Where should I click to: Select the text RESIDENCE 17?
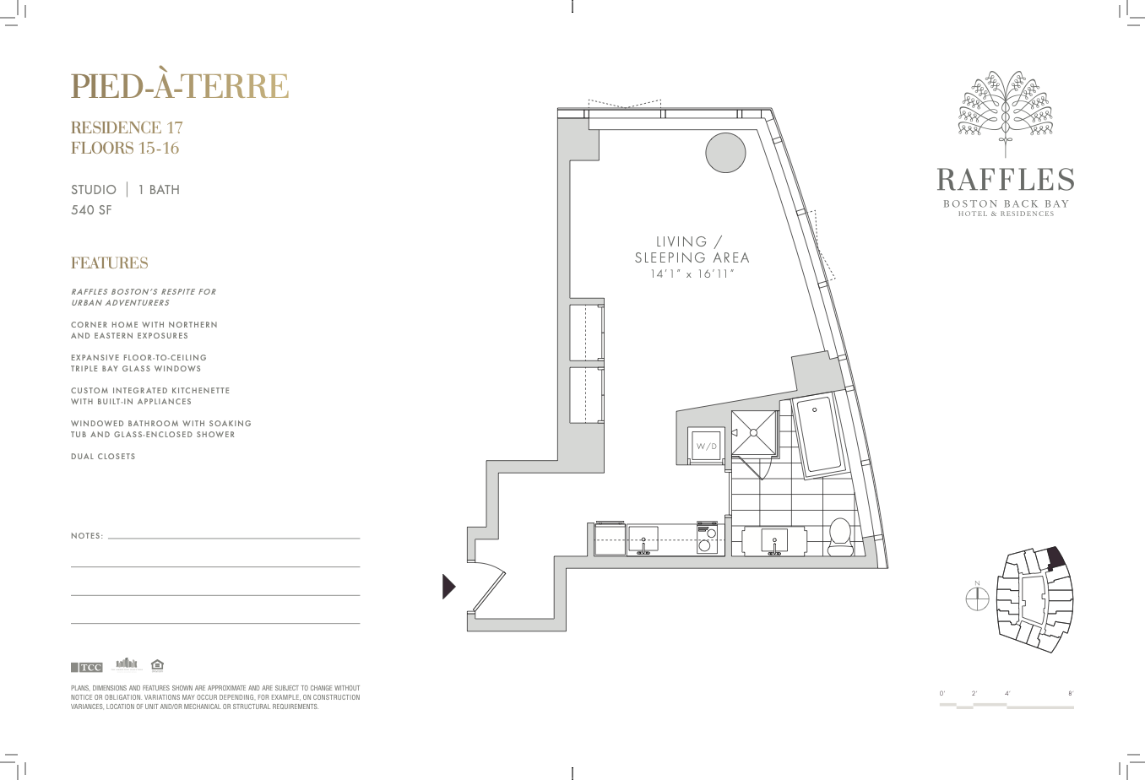127,127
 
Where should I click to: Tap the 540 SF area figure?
91,210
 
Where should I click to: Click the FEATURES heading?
110,263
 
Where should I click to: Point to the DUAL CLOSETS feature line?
103,457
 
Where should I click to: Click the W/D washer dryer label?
707,447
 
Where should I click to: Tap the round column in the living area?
725,152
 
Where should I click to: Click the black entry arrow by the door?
448,587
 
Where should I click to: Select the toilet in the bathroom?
839,537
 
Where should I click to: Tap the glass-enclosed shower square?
753,432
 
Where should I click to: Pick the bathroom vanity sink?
774,541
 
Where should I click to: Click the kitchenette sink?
643,539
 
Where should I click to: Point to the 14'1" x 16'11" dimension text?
692,274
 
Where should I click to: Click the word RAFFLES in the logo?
1006,180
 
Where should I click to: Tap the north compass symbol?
977,598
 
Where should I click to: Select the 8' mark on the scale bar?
1071,694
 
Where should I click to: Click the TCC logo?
87,667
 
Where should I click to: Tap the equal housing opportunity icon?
157,664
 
